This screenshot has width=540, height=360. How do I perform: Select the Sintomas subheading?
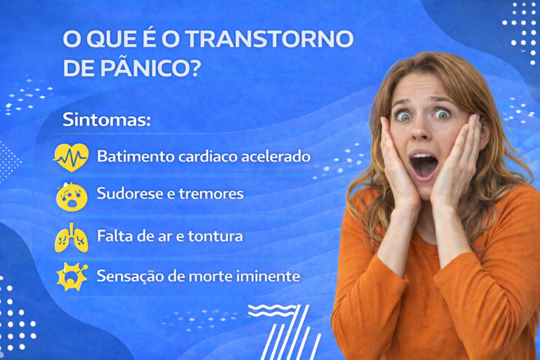(x=107, y=119)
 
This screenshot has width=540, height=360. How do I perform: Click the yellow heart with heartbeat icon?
(x=71, y=157)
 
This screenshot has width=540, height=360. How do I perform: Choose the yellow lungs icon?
(x=71, y=238)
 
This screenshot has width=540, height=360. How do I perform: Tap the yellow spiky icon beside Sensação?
(x=71, y=276)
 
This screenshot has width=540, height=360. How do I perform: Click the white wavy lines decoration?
(x=272, y=310)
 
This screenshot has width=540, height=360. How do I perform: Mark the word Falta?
(x=114, y=236)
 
